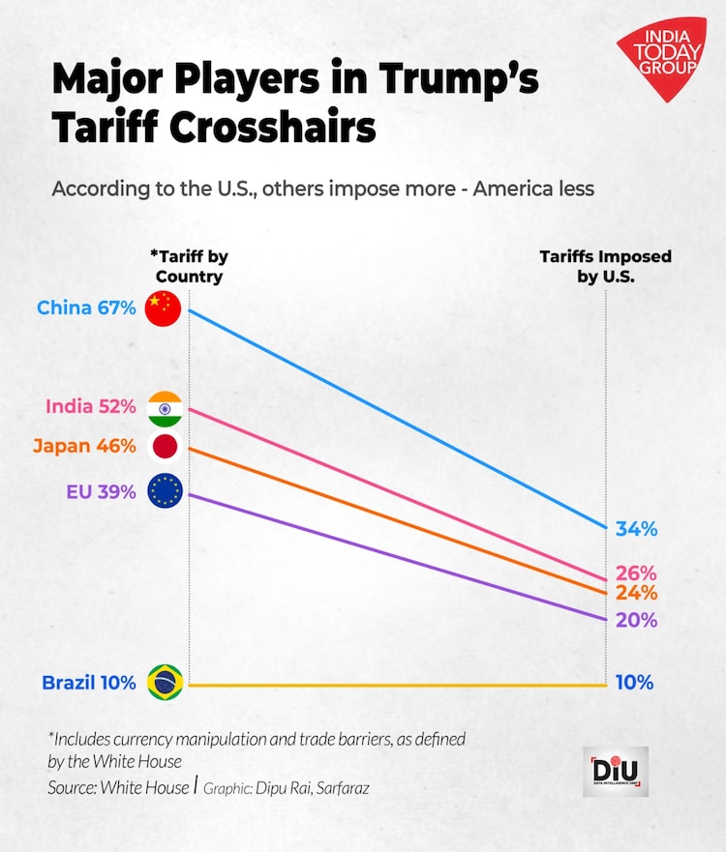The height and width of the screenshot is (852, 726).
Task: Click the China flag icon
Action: (x=163, y=308)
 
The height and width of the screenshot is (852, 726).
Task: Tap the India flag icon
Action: (x=165, y=408)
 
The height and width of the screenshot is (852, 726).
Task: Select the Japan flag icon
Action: (x=165, y=447)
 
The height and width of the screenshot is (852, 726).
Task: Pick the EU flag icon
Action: (x=165, y=491)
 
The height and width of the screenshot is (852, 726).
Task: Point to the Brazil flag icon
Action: (x=165, y=683)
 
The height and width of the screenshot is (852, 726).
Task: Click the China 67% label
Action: (x=86, y=308)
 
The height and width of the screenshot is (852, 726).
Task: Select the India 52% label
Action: (x=91, y=407)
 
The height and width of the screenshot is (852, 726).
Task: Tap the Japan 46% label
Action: (x=84, y=447)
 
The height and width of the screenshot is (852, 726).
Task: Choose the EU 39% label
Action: (x=101, y=491)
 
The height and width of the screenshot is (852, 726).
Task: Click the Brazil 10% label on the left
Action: (x=88, y=683)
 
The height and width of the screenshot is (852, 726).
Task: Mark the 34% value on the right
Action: (x=636, y=529)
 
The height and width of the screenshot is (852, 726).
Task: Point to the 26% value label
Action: (x=636, y=573)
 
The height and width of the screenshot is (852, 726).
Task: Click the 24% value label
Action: (x=636, y=593)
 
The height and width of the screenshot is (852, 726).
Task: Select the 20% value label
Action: (x=636, y=620)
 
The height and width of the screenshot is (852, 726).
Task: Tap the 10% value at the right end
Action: (x=635, y=683)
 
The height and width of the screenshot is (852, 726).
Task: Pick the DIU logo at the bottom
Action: (x=616, y=771)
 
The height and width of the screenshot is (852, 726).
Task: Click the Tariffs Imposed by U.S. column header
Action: (x=605, y=267)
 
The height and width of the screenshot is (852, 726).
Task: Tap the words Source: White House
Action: (x=118, y=788)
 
